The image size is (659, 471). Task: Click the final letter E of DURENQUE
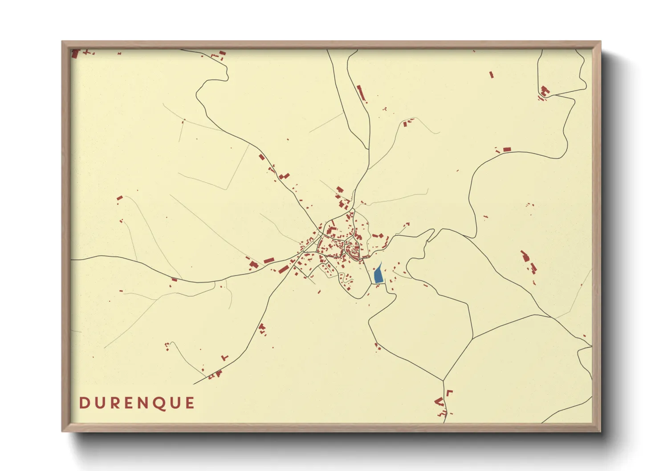click(190, 403)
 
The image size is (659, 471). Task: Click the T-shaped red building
click(225, 357)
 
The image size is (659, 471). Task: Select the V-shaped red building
click(439, 402)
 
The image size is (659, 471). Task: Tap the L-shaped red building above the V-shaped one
click(449, 393)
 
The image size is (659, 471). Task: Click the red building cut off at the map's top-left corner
click(75, 54)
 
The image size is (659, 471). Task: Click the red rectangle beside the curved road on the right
click(507, 150)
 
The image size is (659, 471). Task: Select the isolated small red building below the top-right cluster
click(492, 75)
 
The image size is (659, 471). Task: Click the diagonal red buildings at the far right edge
click(529, 262)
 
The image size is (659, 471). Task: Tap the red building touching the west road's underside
click(174, 280)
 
